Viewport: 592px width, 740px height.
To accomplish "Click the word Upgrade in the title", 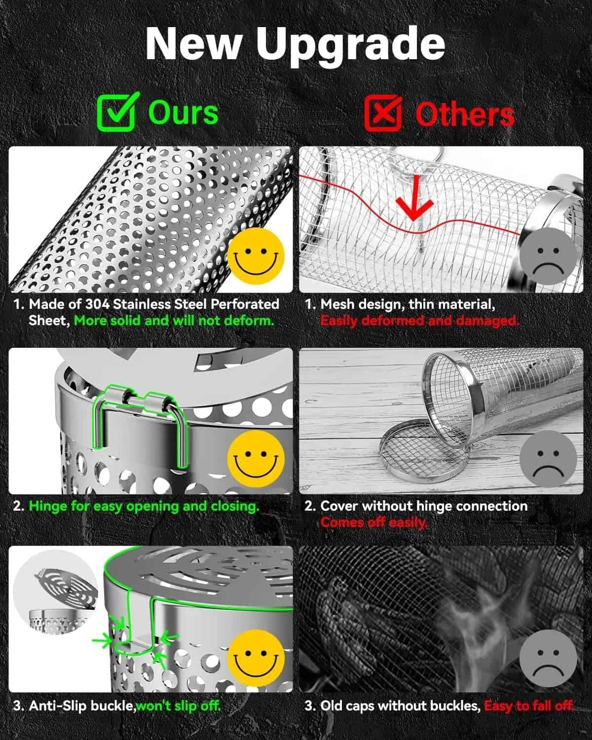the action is (x=350, y=46).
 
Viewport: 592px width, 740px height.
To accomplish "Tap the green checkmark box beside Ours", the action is (x=118, y=112).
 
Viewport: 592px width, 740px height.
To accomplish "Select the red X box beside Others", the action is (x=383, y=113).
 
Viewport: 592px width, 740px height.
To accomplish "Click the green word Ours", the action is (x=184, y=113).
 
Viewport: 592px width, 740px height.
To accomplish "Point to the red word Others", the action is (x=465, y=114).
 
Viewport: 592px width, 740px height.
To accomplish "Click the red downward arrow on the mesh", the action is (x=414, y=198).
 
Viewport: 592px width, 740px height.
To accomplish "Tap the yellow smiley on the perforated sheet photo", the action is (x=256, y=256).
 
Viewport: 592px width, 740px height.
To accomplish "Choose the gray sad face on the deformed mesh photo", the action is (x=548, y=256).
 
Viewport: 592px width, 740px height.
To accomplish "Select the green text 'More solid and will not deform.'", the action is (x=174, y=321).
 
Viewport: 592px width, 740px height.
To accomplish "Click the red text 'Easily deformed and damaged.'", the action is (x=420, y=321).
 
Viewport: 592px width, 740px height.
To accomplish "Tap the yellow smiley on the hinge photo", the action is (x=256, y=459).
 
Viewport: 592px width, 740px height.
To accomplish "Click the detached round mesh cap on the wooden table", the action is (x=424, y=450).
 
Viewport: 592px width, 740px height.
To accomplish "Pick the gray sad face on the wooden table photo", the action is (x=548, y=459).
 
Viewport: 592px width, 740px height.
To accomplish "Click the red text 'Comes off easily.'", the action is (x=374, y=522).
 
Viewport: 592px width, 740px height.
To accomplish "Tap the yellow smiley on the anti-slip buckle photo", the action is (x=256, y=658).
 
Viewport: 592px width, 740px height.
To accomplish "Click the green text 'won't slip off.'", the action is (x=178, y=705).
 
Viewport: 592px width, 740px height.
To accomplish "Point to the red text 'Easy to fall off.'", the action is (x=529, y=705).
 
